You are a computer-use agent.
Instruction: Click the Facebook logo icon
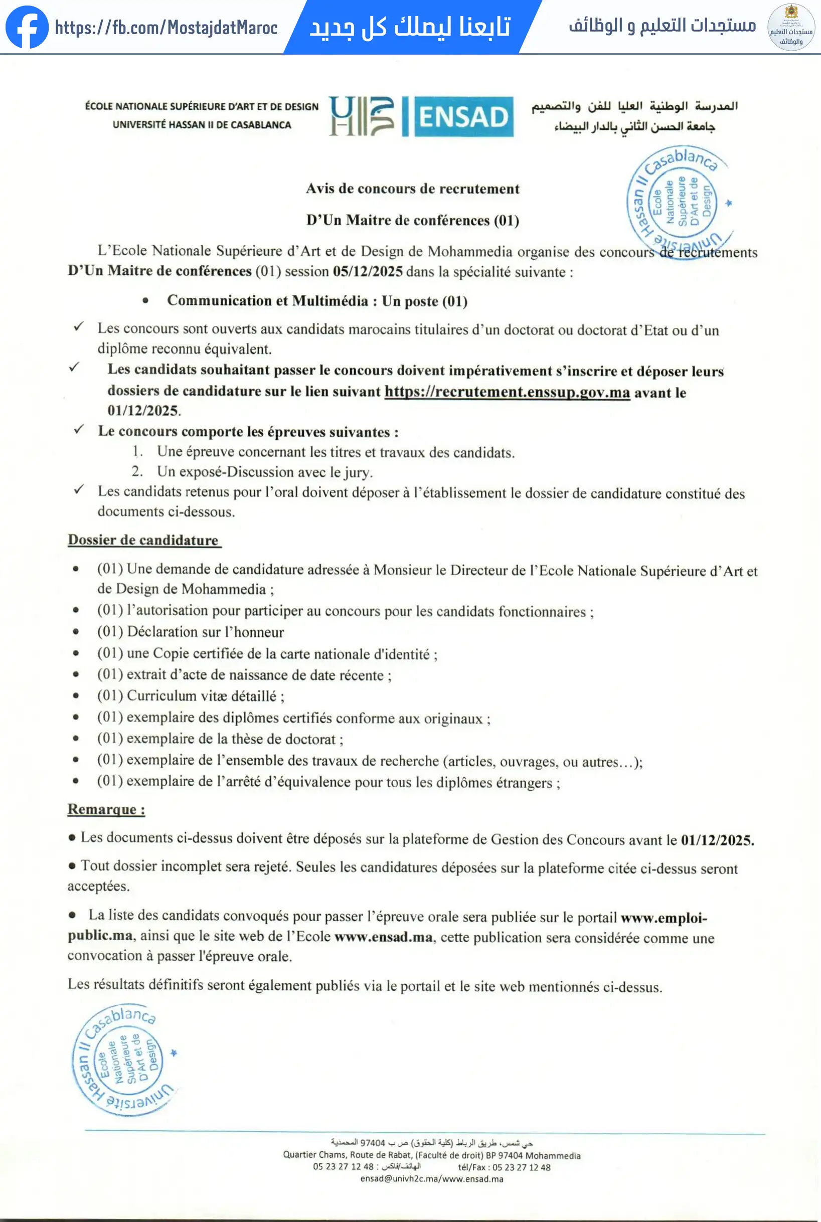27,27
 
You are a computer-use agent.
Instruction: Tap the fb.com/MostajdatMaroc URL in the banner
166,28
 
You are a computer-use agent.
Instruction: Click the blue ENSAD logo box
463,117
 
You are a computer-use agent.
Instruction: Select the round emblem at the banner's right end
790,27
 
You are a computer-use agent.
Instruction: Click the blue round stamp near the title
679,202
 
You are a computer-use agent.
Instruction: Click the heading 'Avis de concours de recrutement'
413,189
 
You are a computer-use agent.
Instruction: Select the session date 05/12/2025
368,272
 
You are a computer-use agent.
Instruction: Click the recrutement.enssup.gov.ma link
507,392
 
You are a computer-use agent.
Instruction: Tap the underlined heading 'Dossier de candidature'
143,540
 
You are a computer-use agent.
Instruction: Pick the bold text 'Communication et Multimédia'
267,301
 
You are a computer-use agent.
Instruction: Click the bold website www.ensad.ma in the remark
383,937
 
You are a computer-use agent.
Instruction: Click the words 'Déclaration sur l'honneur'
205,632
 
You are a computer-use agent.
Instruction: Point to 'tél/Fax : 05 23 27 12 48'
504,1167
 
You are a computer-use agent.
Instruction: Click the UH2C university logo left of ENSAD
361,116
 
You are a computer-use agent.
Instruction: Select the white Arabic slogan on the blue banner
409,27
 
